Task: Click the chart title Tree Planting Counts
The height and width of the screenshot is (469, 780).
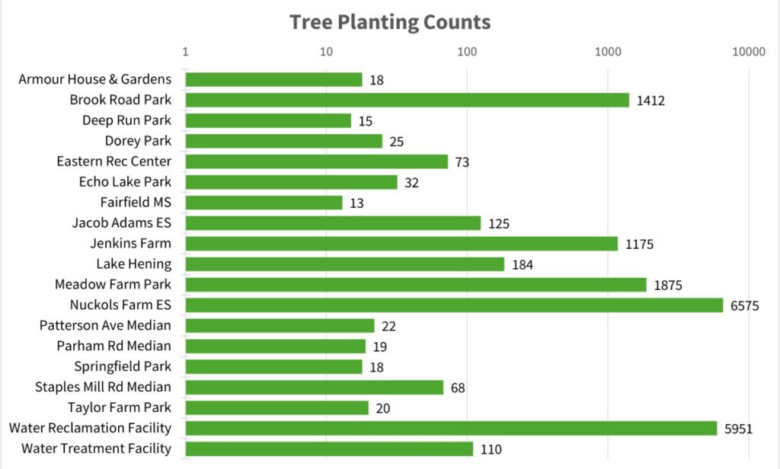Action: (389, 21)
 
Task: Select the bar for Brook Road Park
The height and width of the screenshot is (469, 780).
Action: (407, 100)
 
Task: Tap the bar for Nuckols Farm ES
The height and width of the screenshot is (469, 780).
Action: (454, 305)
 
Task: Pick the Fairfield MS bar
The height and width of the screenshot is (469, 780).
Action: (264, 203)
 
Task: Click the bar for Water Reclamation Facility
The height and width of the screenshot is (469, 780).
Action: (451, 429)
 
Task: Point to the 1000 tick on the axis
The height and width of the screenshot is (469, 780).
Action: (607, 51)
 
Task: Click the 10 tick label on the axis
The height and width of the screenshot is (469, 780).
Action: (326, 51)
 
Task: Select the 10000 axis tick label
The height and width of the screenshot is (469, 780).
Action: (748, 51)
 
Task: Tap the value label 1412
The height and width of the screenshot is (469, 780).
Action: (651, 100)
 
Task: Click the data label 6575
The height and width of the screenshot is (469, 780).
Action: (744, 306)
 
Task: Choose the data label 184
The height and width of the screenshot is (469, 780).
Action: (523, 265)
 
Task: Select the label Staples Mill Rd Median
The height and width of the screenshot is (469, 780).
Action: (103, 388)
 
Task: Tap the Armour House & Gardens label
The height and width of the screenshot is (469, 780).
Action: (94, 79)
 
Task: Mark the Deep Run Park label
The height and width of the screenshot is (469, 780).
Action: (126, 120)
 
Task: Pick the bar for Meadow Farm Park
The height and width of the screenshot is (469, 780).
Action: (415, 285)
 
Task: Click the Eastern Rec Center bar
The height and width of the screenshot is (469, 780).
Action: (316, 161)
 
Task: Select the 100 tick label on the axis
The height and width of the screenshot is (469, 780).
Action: (466, 51)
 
